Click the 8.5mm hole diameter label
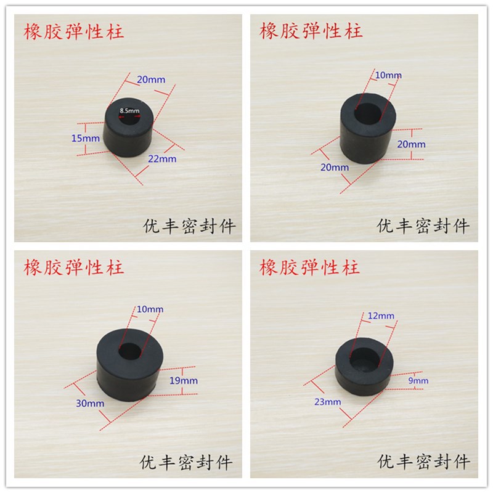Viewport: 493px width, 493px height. [129, 111]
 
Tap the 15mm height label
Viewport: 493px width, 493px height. [86, 138]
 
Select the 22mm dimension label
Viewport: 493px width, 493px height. [162, 159]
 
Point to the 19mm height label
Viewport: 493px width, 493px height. [184, 381]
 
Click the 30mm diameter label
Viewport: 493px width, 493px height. [90, 404]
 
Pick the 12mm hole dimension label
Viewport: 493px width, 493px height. [381, 316]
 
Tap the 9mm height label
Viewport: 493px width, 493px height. [418, 381]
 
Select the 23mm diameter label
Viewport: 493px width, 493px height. [328, 402]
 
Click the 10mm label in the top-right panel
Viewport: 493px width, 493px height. [389, 75]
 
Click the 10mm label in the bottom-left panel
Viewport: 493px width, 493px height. [150, 309]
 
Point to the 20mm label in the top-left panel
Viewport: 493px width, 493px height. [151, 79]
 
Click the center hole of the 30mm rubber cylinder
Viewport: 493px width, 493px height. [129, 351]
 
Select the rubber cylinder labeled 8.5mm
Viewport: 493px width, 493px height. [128, 127]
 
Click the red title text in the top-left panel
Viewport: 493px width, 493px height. [73, 32]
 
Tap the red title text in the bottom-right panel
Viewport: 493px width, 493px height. [309, 267]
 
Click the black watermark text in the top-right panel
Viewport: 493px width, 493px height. [423, 226]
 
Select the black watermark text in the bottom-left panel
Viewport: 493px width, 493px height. [186, 463]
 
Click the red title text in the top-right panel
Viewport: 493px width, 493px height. [311, 31]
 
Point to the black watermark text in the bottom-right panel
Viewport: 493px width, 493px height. [423, 462]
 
